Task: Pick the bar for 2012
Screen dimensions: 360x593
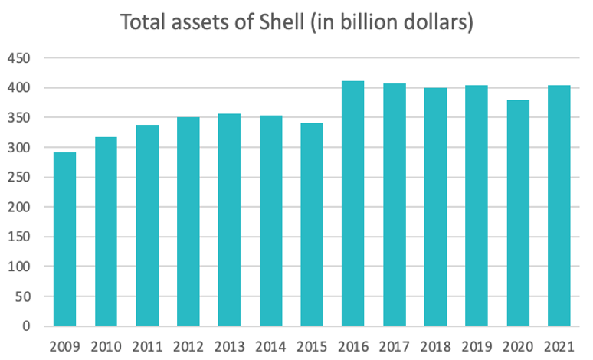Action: (188, 221)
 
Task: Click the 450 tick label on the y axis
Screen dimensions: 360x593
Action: (20, 58)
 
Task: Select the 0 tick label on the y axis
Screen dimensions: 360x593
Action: (28, 326)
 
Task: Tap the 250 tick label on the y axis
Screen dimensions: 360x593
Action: (20, 178)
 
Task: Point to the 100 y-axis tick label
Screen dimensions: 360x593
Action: (20, 267)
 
